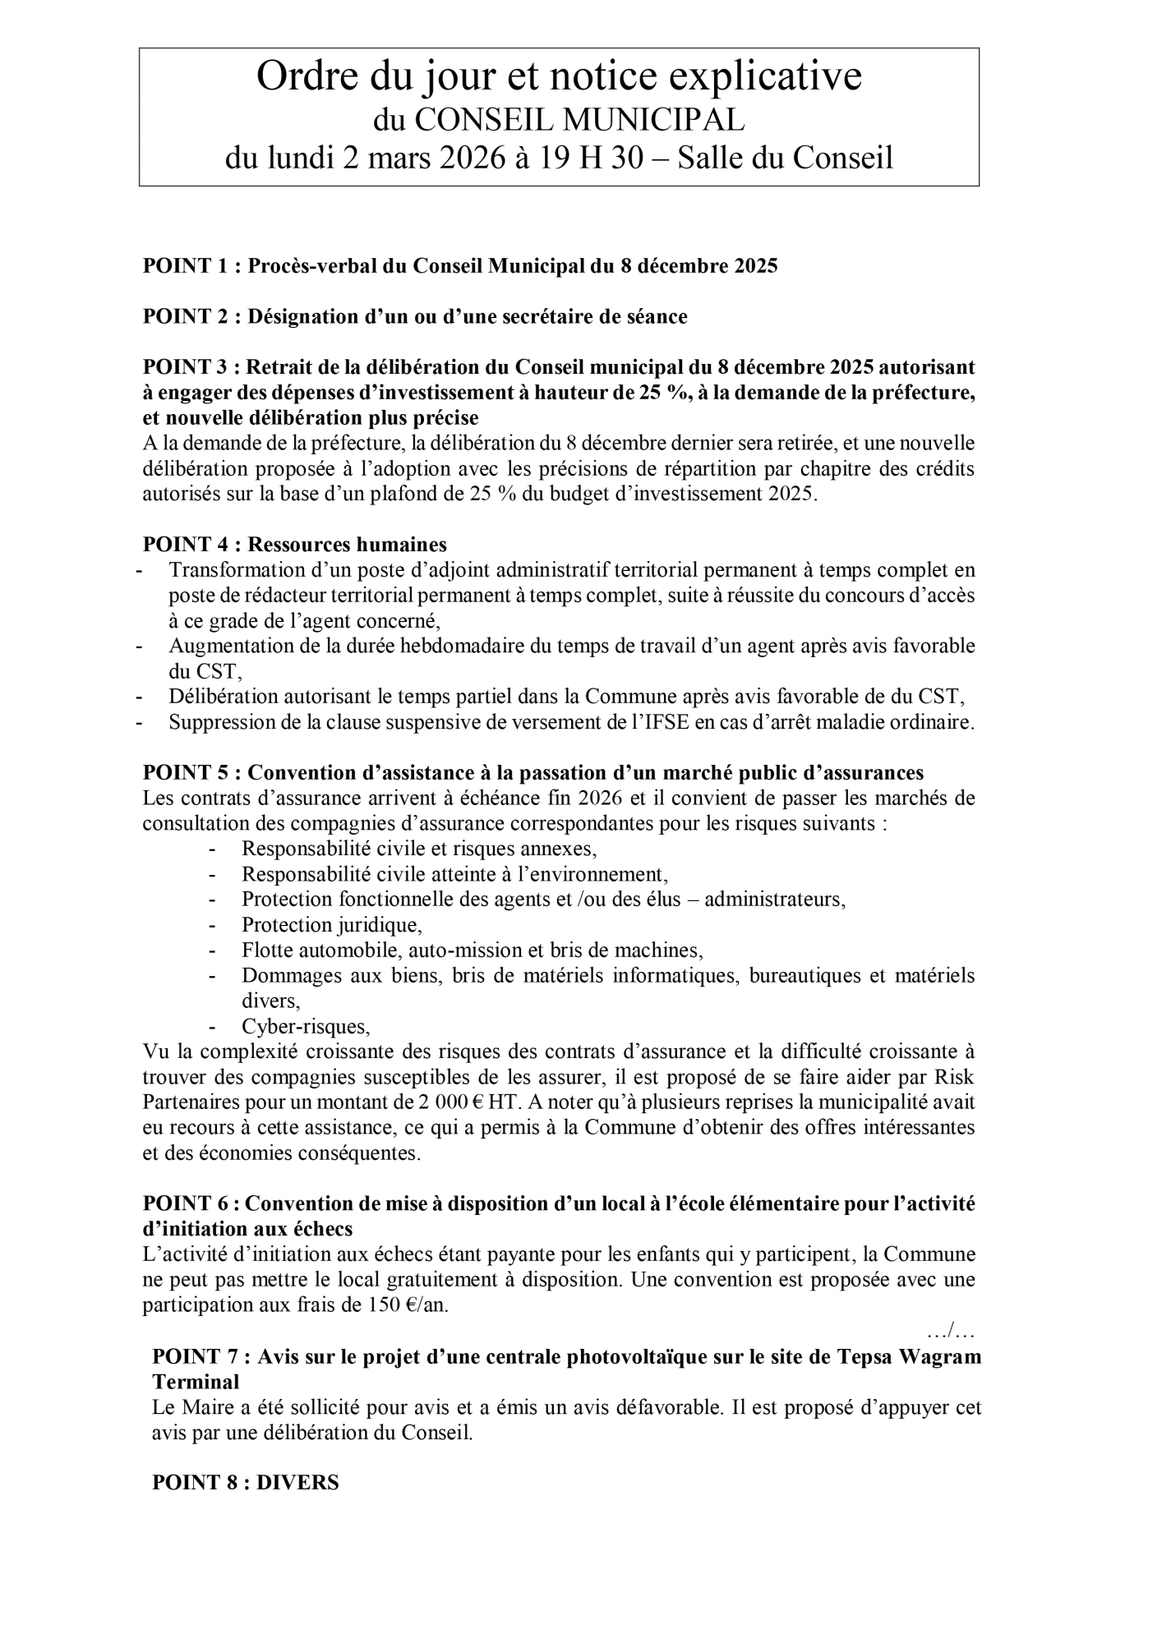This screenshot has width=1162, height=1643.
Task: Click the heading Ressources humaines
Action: pos(347,545)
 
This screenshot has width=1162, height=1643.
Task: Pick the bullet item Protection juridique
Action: pos(331,925)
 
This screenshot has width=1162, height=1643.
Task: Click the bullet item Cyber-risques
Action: pos(306,1027)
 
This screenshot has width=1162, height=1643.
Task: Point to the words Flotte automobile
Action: pos(320,950)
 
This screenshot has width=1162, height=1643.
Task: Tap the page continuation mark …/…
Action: pos(951,1329)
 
